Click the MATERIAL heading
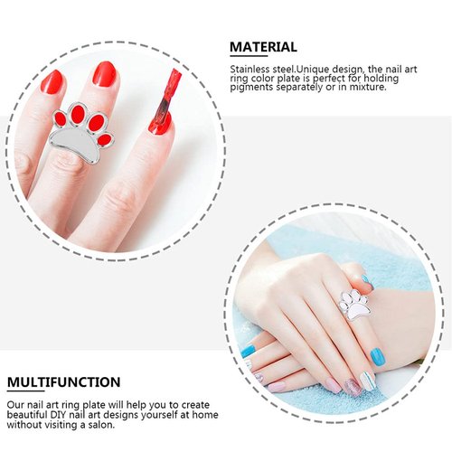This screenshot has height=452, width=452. point(263,47)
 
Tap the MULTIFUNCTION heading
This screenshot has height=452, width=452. point(63,382)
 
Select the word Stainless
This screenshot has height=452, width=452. point(250,68)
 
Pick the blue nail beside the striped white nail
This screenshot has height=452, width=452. point(377,356)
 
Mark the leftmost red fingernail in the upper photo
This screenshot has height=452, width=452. point(52,83)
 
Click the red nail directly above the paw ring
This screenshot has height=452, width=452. point(105,74)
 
